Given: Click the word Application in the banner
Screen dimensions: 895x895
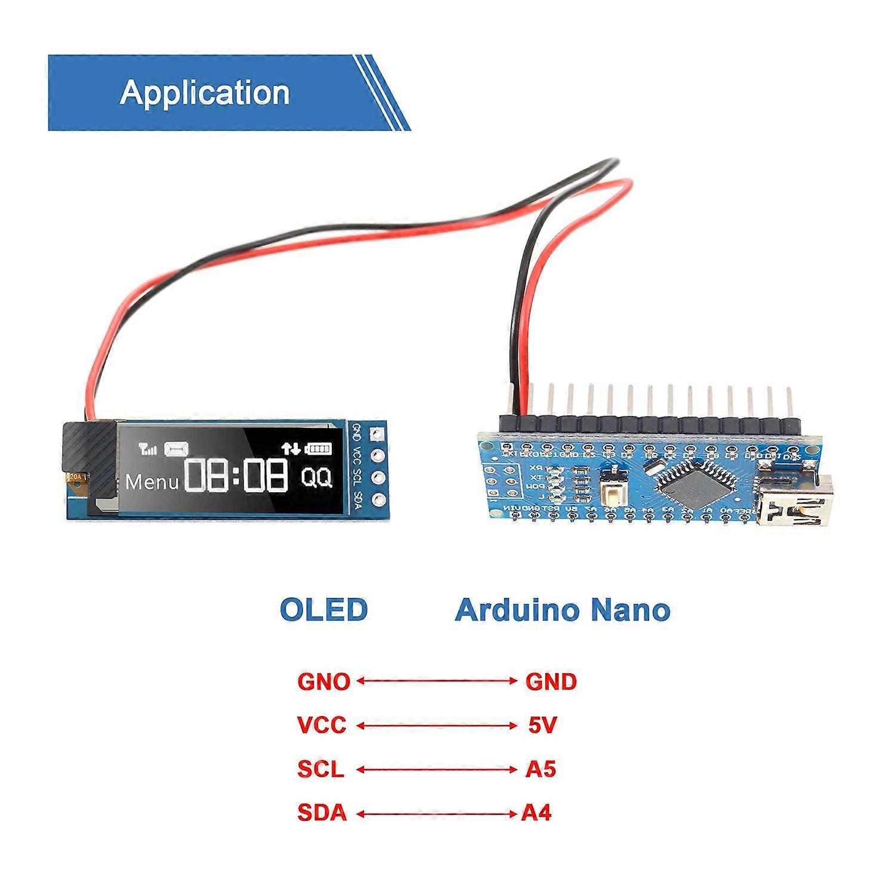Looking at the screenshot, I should [x=205, y=92].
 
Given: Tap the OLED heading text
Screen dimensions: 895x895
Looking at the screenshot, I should [x=323, y=610].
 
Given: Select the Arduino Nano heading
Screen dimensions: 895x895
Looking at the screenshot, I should [x=562, y=610].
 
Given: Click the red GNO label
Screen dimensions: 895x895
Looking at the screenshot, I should [x=323, y=681].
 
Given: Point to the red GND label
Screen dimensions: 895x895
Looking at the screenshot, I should [x=551, y=681].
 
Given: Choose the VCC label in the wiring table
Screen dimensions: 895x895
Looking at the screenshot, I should [x=322, y=725].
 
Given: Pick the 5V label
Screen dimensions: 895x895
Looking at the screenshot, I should [x=542, y=725].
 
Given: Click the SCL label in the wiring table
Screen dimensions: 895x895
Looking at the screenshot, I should [x=321, y=769].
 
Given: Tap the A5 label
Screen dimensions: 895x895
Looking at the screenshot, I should [x=541, y=769].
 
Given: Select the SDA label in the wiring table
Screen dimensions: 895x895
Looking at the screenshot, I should [x=322, y=813].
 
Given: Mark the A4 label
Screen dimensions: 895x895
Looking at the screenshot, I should [x=536, y=813].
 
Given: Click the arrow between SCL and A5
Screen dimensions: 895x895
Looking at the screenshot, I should [x=436, y=770].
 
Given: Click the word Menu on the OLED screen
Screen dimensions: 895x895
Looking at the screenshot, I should [x=152, y=482].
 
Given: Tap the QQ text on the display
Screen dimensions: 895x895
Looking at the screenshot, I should [x=316, y=478].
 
